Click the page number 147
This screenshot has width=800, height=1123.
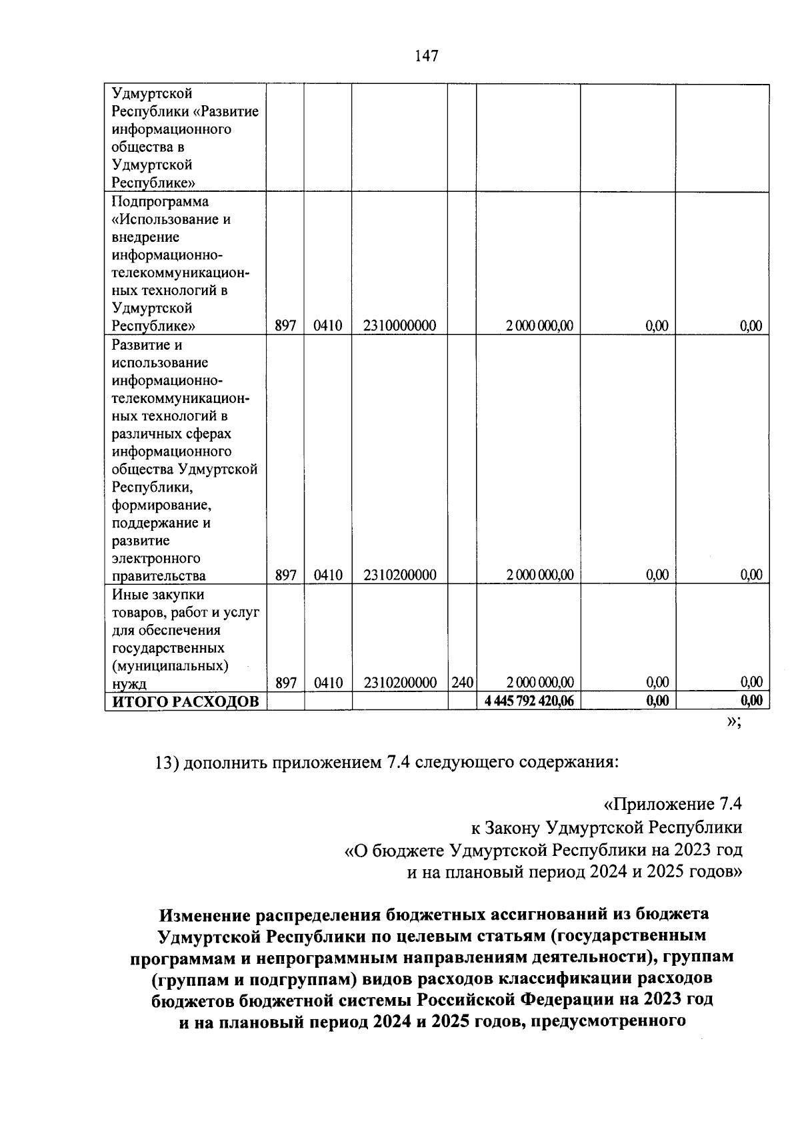click(426, 56)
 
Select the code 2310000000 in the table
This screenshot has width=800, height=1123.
click(400, 326)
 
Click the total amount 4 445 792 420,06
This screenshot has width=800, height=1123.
click(529, 701)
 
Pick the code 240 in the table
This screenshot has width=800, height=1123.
click(462, 683)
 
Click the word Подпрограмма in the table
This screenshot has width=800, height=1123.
click(160, 201)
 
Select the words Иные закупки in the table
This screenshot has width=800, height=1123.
click(158, 594)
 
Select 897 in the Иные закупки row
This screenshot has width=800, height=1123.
click(285, 683)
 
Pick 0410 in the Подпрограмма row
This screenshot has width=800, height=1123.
click(327, 326)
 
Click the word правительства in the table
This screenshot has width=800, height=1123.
click(159, 575)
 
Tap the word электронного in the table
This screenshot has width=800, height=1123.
click(156, 558)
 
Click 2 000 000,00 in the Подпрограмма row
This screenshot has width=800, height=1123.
click(539, 326)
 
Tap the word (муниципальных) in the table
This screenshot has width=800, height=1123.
click(170, 665)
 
